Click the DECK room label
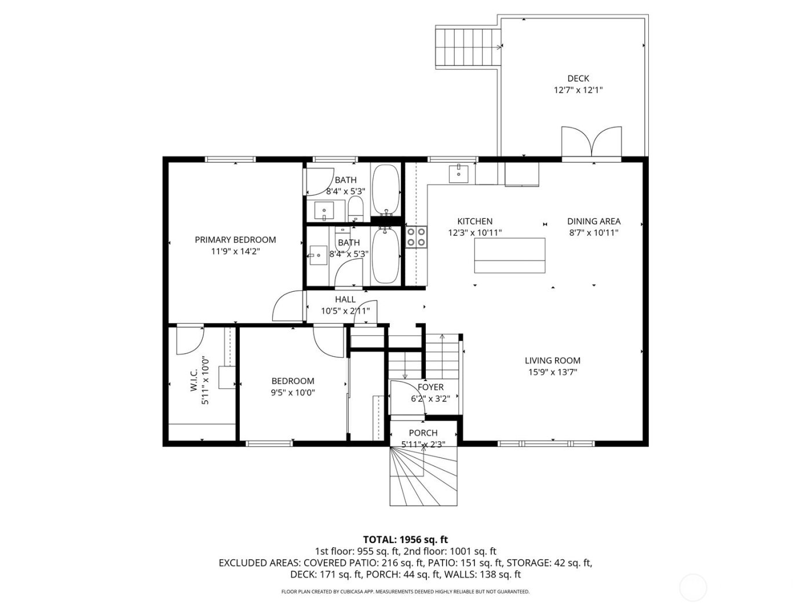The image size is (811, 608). coord(578,78)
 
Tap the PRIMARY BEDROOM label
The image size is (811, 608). coord(235,240)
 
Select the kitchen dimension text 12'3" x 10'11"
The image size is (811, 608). coord(475,233)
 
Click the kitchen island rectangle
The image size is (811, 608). coord(510,255)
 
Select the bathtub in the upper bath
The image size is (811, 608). coord(385,189)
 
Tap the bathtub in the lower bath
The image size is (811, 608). coord(385,256)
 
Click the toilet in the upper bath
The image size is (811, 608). coord(355,208)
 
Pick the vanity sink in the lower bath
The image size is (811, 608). coord(318,255)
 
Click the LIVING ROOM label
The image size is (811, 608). coord(553,361)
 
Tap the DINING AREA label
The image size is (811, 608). coord(593,221)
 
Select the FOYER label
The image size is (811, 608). coord(430,387)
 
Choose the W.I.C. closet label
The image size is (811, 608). coord(194,379)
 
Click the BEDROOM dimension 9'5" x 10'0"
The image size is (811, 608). coord(293,393)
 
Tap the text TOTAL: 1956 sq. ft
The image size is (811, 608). coord(405,540)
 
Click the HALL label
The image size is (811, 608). coord(345,299)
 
